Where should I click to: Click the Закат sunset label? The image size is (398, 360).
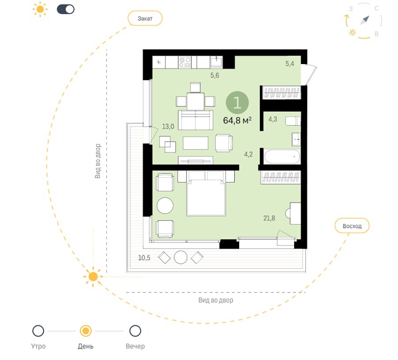coord(145,18)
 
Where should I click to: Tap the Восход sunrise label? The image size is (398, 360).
coord(352,226)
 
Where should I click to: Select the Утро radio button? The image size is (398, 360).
coord(38,331)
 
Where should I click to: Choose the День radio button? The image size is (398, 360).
coord(85,331)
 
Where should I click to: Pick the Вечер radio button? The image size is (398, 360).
coord(135,331)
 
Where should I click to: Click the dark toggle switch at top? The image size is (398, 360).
coord(65,9)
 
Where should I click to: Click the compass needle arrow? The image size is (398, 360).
coord(364,20)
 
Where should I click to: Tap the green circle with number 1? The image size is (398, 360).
coord(237,102)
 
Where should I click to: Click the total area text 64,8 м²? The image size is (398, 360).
coord(237,120)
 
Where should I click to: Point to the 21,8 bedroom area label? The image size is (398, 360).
coord(269,218)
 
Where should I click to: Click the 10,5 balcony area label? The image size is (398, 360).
coord(144,258)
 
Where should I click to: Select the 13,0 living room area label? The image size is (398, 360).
coord(168,126)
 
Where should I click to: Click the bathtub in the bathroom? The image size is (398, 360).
coord(282,156)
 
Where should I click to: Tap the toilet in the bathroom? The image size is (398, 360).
coord(293,121)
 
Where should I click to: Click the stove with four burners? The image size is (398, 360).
coord(185,62)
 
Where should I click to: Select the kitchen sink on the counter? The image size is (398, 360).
coord(216,61)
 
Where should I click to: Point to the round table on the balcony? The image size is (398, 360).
coord(181,258)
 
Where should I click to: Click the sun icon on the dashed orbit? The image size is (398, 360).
coord(93,277)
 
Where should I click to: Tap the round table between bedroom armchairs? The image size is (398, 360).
coord(165,205)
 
